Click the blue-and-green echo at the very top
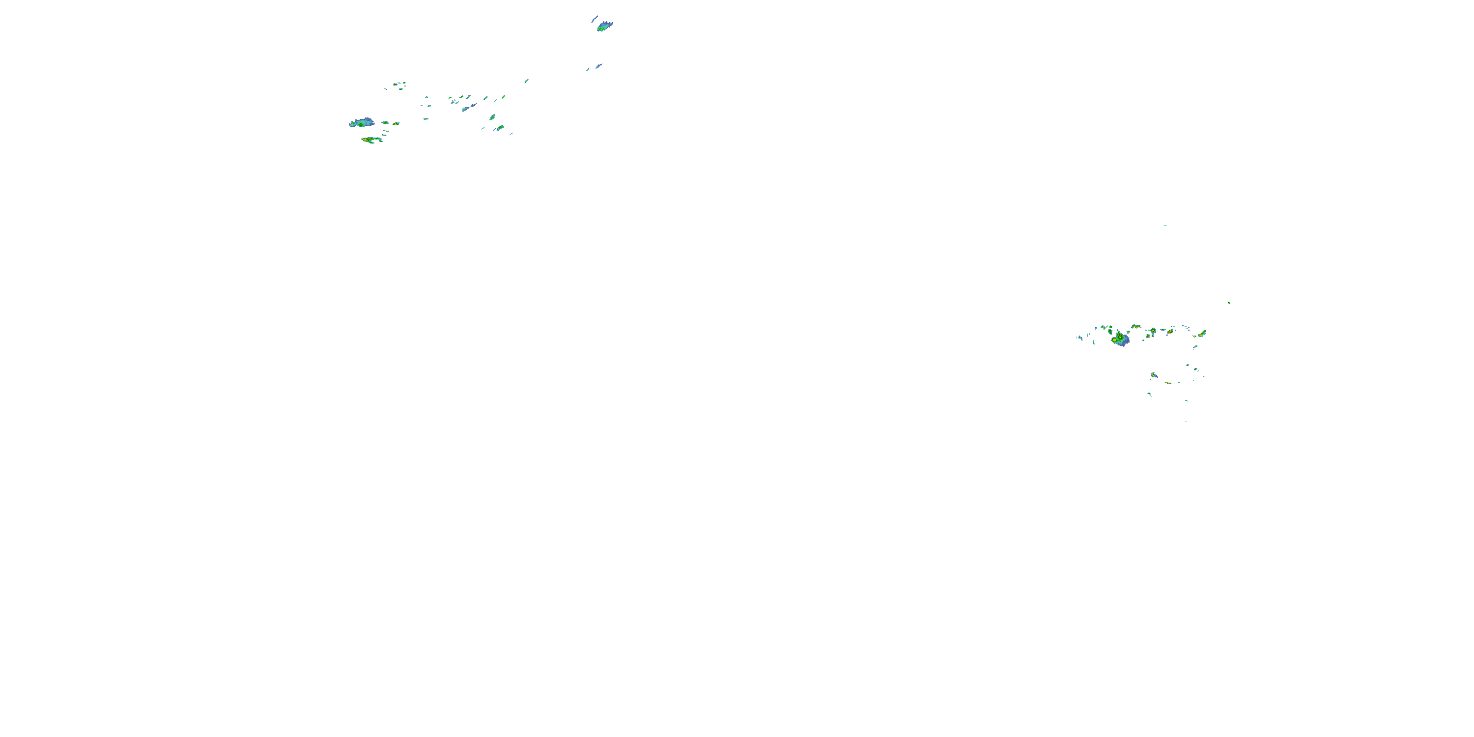[x=604, y=26]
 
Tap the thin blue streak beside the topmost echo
[x=594, y=19]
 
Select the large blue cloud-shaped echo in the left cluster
[x=362, y=122]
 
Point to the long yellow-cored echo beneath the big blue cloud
[x=371, y=139]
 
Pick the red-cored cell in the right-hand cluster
[x=1170, y=331]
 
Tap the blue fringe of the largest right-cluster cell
[x=1123, y=341]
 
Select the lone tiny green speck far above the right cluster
[x=1165, y=226]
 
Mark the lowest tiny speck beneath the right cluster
[x=1186, y=422]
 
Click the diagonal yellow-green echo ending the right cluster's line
[x=1202, y=333]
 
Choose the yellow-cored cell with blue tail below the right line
[x=1154, y=375]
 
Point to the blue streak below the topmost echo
[x=598, y=66]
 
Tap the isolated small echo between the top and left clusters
[x=526, y=81]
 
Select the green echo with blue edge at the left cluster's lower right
[x=500, y=128]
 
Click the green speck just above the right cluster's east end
[x=1228, y=302]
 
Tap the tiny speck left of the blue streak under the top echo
[x=588, y=70]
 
